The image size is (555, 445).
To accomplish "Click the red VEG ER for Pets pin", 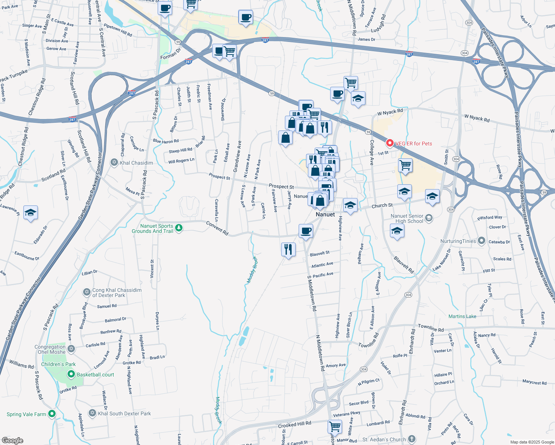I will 390,143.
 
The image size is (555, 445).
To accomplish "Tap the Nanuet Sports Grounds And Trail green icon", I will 179,228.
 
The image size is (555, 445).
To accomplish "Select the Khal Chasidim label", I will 136,163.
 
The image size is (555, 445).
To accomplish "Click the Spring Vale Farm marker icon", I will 52,413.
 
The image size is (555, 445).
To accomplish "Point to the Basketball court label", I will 95,375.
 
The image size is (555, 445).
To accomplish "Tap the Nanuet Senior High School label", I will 407,218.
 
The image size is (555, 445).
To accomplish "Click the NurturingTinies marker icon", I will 482,241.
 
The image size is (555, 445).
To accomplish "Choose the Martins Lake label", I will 462,316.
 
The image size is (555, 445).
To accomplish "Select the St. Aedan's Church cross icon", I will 412,439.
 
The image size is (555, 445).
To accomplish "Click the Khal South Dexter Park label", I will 124,413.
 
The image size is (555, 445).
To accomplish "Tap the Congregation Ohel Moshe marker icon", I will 71,349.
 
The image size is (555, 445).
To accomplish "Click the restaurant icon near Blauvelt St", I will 288,249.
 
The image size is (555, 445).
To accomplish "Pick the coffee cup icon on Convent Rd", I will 306,231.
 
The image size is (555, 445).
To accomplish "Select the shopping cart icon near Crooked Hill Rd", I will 335,426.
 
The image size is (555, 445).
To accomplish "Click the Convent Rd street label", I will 217,228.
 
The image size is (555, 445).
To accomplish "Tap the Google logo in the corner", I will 12,441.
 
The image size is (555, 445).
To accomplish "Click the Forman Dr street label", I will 170,53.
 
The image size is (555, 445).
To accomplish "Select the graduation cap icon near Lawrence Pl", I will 30,212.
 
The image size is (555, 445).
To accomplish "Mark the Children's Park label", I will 58,364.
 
